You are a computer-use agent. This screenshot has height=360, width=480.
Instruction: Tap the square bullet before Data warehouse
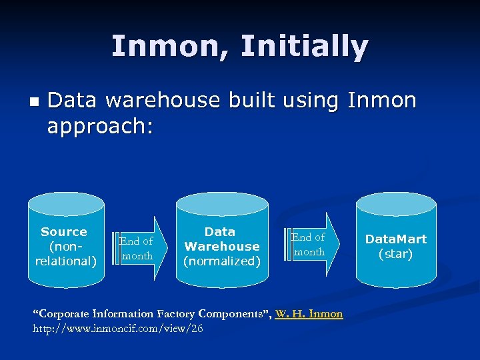click(35, 102)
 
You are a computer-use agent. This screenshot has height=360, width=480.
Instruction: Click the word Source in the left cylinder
click(64, 232)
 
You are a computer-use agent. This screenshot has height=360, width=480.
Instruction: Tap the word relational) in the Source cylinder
click(66, 261)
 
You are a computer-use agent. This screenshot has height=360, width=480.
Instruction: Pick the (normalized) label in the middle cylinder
click(221, 261)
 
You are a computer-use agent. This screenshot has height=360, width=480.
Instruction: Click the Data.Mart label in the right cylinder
click(396, 239)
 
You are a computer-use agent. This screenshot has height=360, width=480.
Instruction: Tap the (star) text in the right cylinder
click(396, 254)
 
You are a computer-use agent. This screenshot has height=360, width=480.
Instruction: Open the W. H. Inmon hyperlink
click(309, 313)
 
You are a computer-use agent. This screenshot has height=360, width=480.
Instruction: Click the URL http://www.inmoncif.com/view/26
click(118, 329)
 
